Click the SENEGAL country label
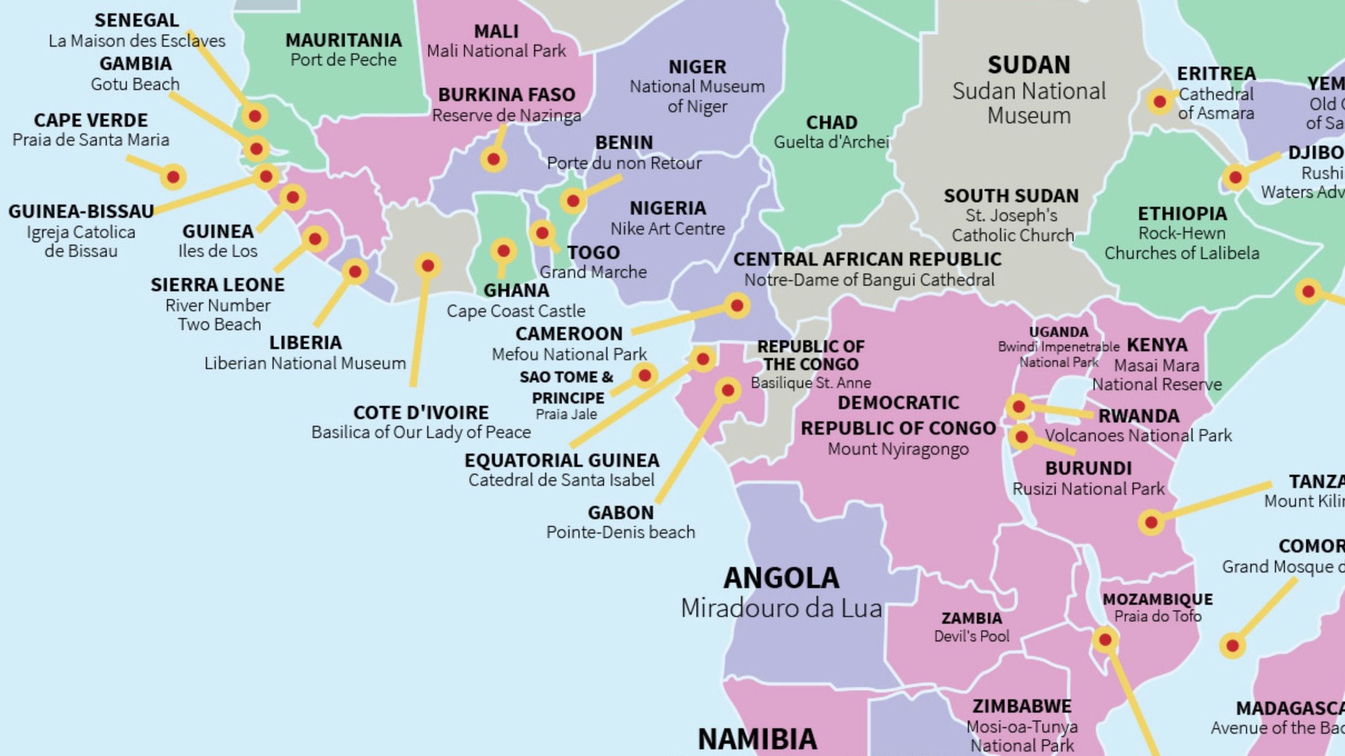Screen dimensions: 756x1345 (136, 20)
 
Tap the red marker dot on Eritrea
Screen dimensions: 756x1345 (1160, 102)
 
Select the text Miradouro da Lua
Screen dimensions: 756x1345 (782, 608)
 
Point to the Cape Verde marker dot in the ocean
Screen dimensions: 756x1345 (173, 177)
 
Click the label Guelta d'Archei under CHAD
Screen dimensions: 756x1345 (832, 142)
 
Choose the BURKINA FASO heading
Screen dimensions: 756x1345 (506, 94)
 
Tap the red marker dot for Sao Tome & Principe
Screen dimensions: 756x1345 (645, 376)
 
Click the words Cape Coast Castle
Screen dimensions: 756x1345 (516, 311)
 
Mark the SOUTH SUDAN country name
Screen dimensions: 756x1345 (1011, 196)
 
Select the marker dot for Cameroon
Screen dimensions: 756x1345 (737, 305)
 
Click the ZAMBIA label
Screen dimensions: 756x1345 (971, 618)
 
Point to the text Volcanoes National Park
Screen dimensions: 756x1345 (1138, 435)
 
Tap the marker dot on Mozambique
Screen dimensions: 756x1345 (1105, 640)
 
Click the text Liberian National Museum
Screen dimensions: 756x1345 (305, 363)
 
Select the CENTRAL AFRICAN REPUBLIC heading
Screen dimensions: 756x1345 (867, 259)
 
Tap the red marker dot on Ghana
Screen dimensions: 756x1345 (503, 251)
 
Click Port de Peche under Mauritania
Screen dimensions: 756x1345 (343, 60)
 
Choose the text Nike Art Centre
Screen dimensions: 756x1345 (667, 228)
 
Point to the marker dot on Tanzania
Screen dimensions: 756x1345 (1151, 523)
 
